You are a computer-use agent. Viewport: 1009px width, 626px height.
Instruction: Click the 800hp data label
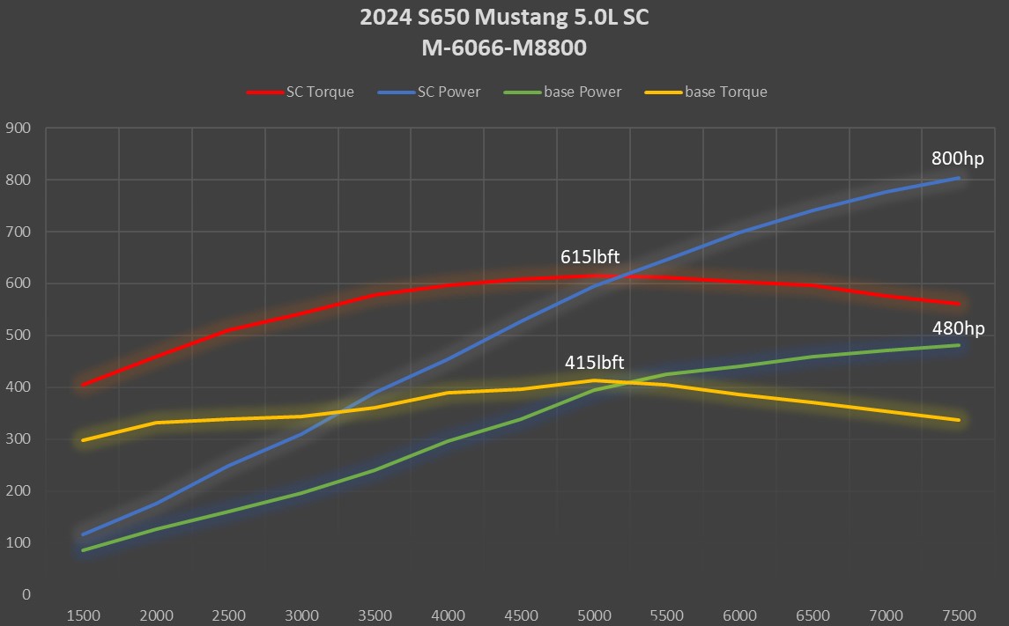tap(957, 159)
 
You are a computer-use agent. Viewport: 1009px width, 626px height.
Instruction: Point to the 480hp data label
tap(958, 328)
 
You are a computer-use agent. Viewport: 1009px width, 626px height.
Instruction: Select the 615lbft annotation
tap(590, 257)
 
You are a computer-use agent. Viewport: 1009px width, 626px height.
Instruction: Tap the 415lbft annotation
tap(595, 362)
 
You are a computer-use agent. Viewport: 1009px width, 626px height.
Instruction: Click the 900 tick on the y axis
tap(19, 129)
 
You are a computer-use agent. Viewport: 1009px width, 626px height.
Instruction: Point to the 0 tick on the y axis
tap(26, 594)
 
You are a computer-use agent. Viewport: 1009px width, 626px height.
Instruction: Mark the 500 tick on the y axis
tap(19, 335)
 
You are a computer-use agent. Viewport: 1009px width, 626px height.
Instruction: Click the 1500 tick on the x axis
tap(83, 615)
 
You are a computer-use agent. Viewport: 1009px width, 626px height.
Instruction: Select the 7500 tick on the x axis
tap(959, 615)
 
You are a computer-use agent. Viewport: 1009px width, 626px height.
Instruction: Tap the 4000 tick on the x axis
tap(448, 615)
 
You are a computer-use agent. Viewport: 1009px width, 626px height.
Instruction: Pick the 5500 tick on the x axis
tap(667, 615)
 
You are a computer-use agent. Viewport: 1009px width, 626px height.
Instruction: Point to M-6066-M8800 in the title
tap(504, 48)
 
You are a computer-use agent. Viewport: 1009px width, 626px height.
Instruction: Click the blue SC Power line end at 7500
tap(958, 178)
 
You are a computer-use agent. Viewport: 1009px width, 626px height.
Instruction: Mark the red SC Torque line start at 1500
tap(83, 385)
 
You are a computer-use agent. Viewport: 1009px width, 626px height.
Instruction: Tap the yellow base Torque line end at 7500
tap(958, 420)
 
